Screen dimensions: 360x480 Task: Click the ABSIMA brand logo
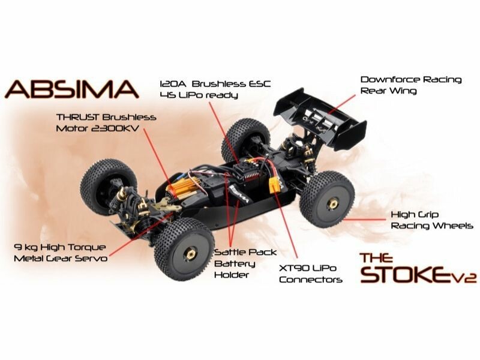pyautogui.click(x=72, y=89)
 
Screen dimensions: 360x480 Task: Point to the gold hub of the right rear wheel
pyautogui.click(x=331, y=204)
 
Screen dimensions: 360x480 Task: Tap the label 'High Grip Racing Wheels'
pyautogui.click(x=431, y=220)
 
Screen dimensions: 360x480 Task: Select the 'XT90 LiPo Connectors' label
pyautogui.click(x=311, y=273)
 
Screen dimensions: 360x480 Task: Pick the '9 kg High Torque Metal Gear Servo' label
pyautogui.click(x=60, y=252)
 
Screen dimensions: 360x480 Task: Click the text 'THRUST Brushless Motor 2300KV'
pyautogui.click(x=106, y=122)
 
